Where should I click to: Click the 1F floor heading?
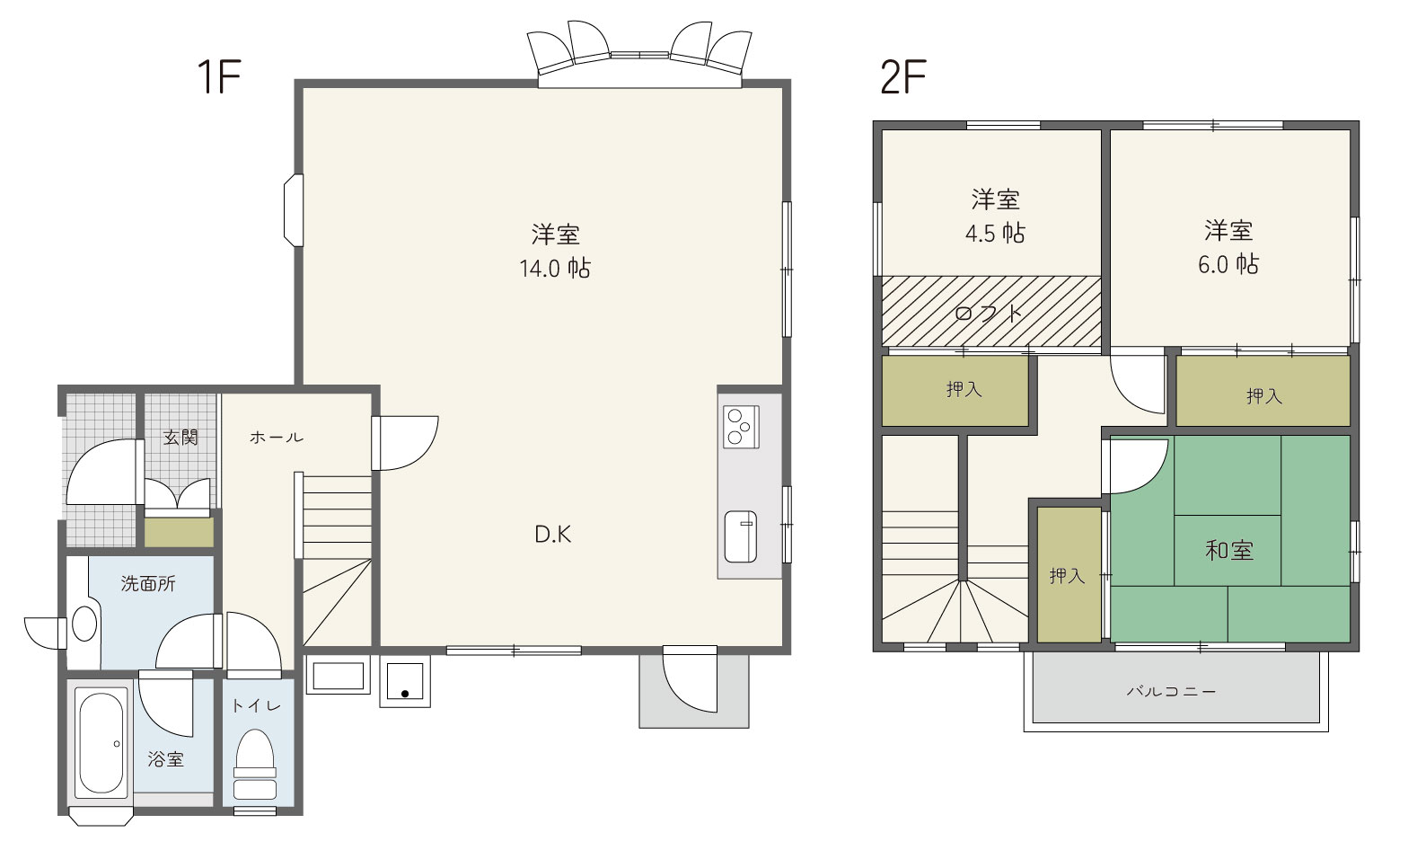[219, 76]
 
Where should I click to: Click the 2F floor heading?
[903, 76]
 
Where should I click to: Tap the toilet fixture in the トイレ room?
[255, 765]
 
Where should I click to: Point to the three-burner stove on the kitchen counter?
[741, 427]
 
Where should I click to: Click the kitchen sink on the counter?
[741, 536]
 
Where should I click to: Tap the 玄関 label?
[180, 437]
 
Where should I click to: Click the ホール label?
[277, 437]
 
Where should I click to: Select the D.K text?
[553, 535]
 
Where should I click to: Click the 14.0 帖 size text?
[555, 269]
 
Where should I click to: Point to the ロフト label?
[988, 314]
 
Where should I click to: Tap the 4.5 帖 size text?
[995, 234]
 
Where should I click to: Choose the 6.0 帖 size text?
[1228, 264]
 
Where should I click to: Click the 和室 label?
[1229, 550]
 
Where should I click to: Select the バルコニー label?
[1171, 692]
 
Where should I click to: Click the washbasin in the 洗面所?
[84, 624]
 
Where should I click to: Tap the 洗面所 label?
[148, 583]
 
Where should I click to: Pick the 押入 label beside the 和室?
[1067, 575]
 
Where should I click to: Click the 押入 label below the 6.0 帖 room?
[1264, 396]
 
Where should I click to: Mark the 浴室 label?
[166, 759]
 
